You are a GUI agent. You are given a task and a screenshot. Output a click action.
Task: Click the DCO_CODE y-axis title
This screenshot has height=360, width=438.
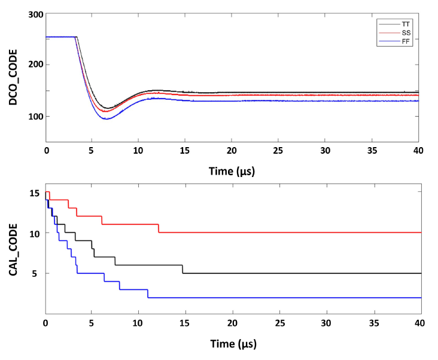13,77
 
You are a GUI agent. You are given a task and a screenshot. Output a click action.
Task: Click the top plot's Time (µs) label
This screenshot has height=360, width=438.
234,171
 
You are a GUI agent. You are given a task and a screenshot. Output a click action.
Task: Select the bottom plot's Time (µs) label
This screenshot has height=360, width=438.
234,345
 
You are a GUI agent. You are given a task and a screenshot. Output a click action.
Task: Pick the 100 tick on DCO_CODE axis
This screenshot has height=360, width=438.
33,117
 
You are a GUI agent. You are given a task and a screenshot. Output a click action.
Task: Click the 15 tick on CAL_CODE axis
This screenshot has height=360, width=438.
35,193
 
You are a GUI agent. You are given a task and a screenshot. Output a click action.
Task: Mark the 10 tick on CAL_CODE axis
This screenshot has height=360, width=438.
35,233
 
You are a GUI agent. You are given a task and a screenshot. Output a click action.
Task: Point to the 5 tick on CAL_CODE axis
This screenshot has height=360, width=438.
37,274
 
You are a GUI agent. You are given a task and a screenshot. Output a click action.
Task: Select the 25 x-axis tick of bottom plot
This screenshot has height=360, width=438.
281,324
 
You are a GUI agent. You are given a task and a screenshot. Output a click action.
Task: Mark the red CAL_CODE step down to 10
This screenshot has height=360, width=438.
159,228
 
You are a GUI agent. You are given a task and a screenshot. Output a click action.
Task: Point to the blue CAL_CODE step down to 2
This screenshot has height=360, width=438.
147,294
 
